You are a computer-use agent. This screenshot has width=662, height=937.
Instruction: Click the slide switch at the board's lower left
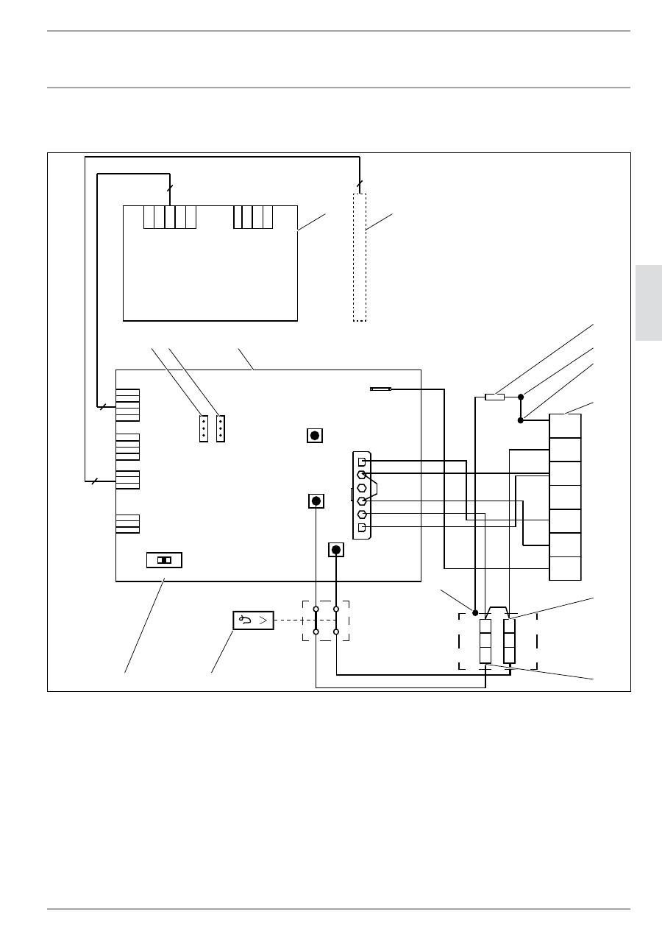click(164, 560)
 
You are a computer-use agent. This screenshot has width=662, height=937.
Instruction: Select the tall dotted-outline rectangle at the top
click(359, 258)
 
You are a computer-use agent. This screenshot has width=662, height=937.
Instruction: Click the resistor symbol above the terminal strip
click(494, 397)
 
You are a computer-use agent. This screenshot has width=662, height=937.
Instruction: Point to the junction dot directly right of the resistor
click(521, 397)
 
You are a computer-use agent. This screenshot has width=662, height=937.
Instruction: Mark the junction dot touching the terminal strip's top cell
click(521, 420)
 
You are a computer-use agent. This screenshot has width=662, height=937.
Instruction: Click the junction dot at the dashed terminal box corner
click(475, 612)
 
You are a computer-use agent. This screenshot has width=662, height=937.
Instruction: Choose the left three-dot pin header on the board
click(204, 428)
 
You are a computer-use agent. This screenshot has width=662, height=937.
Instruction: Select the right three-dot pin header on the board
click(221, 428)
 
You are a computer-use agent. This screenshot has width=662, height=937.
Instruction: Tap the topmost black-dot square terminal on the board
click(315, 436)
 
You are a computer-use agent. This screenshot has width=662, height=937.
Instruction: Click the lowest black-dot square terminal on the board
click(336, 550)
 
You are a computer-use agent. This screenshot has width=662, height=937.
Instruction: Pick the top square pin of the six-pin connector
click(361, 462)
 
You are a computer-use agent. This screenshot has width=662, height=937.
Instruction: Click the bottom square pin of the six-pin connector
click(361, 528)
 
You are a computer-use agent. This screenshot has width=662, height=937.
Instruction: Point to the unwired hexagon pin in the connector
click(361, 487)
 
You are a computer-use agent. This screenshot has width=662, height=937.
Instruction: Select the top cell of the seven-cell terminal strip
click(565, 425)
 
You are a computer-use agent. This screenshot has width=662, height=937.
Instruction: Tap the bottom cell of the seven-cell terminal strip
click(565, 568)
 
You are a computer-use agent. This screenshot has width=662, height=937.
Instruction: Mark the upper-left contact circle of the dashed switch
click(316, 609)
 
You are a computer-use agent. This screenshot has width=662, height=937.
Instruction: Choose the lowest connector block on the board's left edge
click(128, 523)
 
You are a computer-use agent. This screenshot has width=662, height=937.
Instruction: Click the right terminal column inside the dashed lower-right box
click(509, 641)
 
